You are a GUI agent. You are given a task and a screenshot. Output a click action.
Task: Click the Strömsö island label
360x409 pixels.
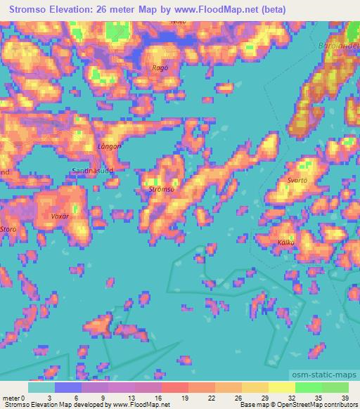point(161,190)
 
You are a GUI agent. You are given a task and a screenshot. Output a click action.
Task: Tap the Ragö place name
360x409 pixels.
point(161,68)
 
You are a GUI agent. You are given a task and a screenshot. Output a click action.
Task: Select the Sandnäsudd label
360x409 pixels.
point(93,171)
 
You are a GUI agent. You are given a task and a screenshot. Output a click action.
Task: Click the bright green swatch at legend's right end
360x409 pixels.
point(335,387)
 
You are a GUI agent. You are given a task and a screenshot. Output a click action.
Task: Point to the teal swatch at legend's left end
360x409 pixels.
point(41,387)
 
